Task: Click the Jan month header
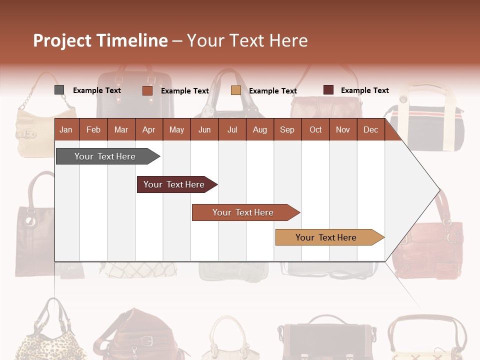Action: click(x=66, y=129)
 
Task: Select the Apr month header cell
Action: click(x=148, y=129)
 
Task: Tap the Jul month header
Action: click(x=232, y=129)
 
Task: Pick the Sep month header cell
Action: click(x=287, y=129)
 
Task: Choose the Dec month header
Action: click(x=370, y=129)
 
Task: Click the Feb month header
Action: click(x=93, y=129)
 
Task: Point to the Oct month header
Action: click(x=315, y=129)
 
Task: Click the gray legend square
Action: click(x=59, y=90)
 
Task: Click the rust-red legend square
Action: click(x=147, y=90)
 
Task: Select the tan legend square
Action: click(x=236, y=90)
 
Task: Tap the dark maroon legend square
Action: click(x=328, y=90)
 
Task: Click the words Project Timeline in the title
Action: click(x=100, y=40)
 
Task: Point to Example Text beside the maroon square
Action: click(x=364, y=90)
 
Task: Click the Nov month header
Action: click(x=343, y=129)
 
